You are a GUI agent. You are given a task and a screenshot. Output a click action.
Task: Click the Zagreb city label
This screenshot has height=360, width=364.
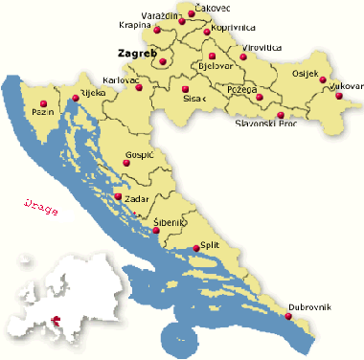pos(136,54)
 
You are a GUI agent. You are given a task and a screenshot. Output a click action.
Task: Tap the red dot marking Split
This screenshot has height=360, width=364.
pos(196,248)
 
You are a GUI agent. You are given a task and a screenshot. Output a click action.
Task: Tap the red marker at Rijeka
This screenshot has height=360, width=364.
pos(75,98)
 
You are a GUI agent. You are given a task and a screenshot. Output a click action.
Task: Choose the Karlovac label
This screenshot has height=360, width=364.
pos(121,80)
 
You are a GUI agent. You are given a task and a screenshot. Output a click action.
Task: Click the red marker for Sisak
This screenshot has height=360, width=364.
pos(184,89)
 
